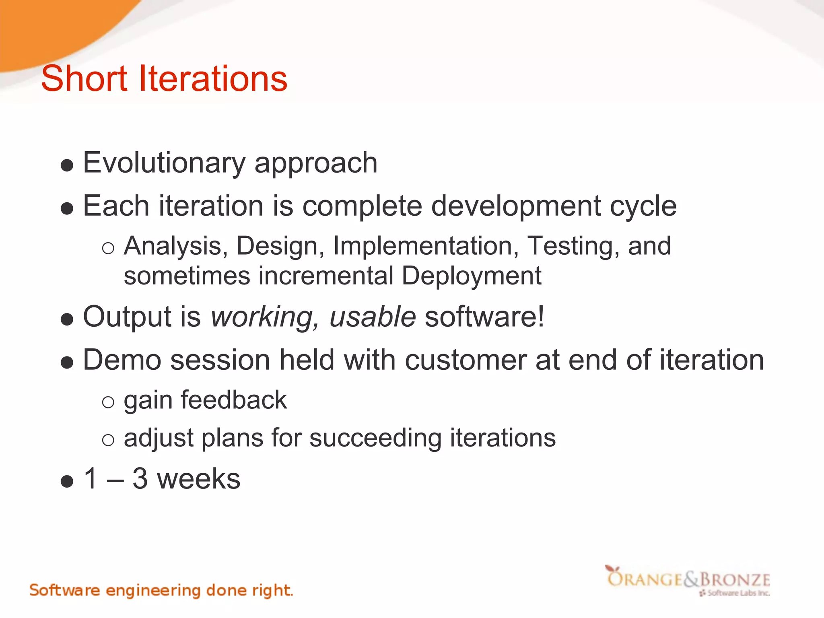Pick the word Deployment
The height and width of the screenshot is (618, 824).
click(471, 276)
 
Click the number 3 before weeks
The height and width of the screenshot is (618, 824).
click(140, 479)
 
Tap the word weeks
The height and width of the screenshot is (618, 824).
click(199, 479)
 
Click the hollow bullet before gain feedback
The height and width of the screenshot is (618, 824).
click(108, 402)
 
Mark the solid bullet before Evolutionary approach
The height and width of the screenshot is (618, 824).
click(67, 165)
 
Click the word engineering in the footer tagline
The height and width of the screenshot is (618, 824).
click(153, 591)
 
